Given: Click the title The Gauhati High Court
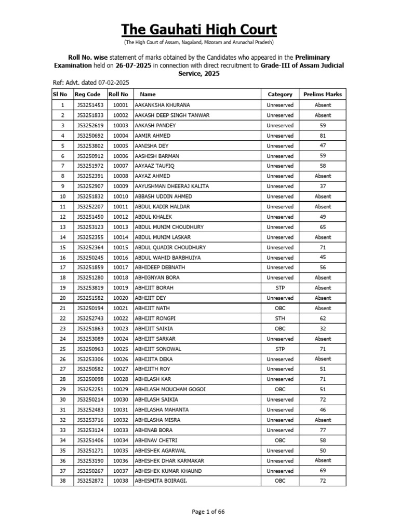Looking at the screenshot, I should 199,29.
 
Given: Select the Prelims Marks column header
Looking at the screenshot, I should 322,95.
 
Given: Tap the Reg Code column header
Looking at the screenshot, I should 87,95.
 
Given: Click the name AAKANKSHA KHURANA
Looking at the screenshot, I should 162,105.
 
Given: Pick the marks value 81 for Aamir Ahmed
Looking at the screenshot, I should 323,136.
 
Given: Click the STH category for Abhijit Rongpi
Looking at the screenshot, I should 280,318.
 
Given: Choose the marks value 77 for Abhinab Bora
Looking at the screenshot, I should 323,430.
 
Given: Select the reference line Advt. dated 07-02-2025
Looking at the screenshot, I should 91,83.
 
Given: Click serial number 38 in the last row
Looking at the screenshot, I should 62,481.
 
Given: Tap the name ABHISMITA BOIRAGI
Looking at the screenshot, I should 161,481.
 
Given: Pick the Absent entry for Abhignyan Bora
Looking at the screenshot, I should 323,277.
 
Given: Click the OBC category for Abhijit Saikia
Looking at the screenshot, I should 280,328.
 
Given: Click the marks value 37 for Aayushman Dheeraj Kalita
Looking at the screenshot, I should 323,186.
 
